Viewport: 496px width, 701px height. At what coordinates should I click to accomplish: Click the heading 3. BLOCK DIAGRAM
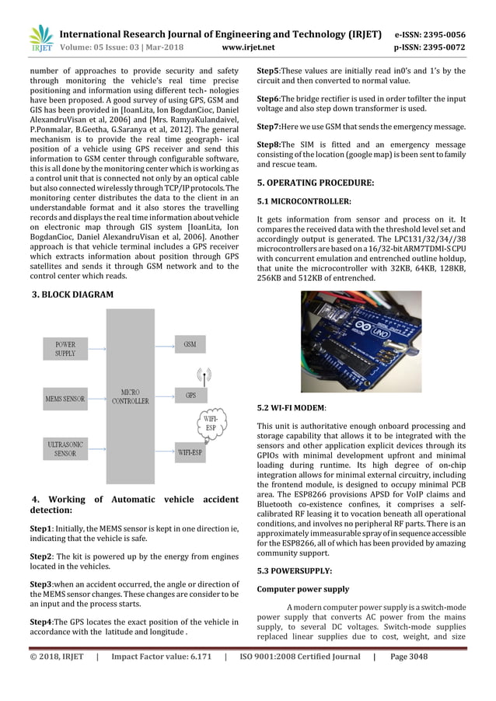[72, 295]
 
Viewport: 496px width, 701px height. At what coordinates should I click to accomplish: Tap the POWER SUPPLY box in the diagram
[65, 348]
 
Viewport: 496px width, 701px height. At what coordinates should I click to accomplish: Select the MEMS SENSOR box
[65, 399]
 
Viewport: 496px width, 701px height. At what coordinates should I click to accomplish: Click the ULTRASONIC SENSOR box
[65, 448]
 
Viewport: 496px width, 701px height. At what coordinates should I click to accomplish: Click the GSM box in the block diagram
[190, 343]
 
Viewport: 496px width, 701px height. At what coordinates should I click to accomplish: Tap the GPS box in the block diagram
[190, 396]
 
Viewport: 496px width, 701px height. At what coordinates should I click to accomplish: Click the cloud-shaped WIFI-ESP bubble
[210, 424]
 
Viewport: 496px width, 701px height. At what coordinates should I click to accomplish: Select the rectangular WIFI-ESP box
[190, 451]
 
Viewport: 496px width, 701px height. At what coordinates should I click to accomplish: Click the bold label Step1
[42, 528]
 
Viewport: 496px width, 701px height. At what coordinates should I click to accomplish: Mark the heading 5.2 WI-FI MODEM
[292, 406]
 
